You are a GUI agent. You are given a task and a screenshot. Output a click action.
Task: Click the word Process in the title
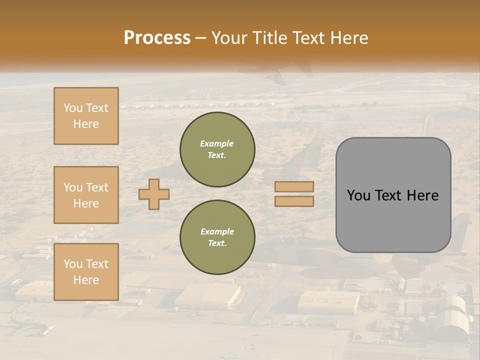click(157, 38)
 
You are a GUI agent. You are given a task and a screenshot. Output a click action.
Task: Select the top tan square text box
click(86, 116)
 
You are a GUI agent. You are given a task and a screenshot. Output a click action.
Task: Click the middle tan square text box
click(86, 195)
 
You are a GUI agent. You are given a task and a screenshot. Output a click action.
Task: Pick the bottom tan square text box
click(86, 272)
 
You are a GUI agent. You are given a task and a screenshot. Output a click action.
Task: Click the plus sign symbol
click(154, 194)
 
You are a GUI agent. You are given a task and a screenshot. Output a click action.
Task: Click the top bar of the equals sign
click(294, 187)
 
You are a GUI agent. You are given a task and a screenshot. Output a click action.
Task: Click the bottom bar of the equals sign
click(294, 201)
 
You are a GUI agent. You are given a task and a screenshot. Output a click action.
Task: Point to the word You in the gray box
click(359, 195)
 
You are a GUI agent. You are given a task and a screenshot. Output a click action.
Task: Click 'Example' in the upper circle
click(217, 143)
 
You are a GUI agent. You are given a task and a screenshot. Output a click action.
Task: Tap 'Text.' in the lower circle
click(217, 243)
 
